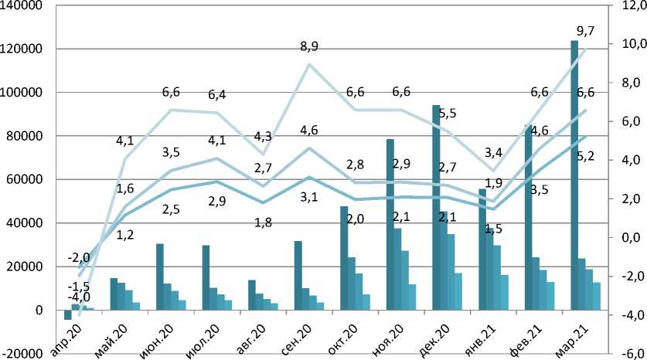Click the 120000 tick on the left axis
[22, 49]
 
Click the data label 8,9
[308, 47]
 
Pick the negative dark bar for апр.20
[68, 314]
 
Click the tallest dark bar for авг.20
[253, 295]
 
